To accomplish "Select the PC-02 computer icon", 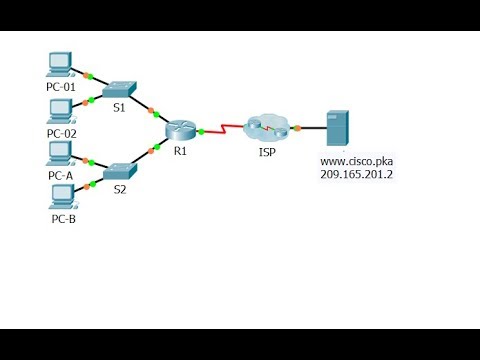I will point(61,109).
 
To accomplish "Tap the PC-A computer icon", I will point(61,152).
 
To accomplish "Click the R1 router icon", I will point(182,130).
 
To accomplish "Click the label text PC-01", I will point(61,87).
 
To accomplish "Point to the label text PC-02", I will point(61,132).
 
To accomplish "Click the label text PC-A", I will point(61,175).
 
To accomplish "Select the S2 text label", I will point(120,187).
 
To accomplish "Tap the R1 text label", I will point(181,154).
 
